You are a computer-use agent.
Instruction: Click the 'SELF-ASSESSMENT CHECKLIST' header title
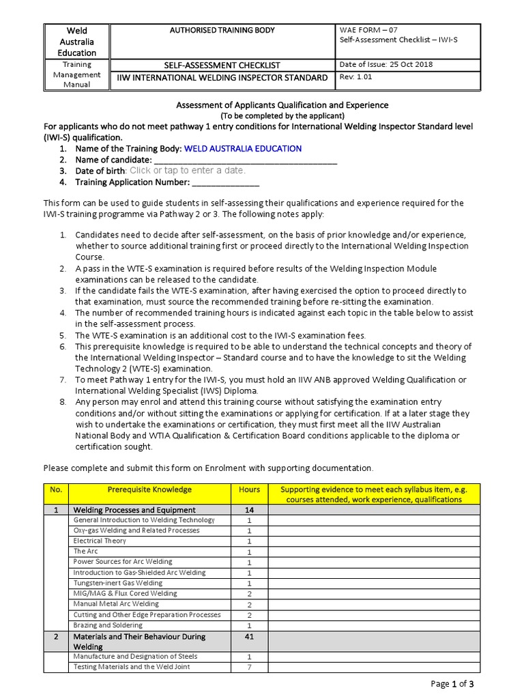pos(222,65)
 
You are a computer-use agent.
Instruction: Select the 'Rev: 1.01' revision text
pos(357,77)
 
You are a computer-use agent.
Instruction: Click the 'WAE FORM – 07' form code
pos(368,29)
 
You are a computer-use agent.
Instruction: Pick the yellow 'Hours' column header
pos(249,489)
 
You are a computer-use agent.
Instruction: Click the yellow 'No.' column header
pos(56,489)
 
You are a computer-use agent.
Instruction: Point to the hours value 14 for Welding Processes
pos(249,510)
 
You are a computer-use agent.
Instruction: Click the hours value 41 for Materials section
pos(249,636)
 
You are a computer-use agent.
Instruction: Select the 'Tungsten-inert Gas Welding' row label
pos(118,583)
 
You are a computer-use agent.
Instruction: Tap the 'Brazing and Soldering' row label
pos(108,625)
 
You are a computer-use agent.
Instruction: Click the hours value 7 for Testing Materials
pos(249,667)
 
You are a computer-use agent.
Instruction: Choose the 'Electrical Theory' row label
pos(100,541)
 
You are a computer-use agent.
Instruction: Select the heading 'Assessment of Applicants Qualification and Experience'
pos(282,105)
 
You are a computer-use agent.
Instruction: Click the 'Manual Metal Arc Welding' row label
pos(116,604)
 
